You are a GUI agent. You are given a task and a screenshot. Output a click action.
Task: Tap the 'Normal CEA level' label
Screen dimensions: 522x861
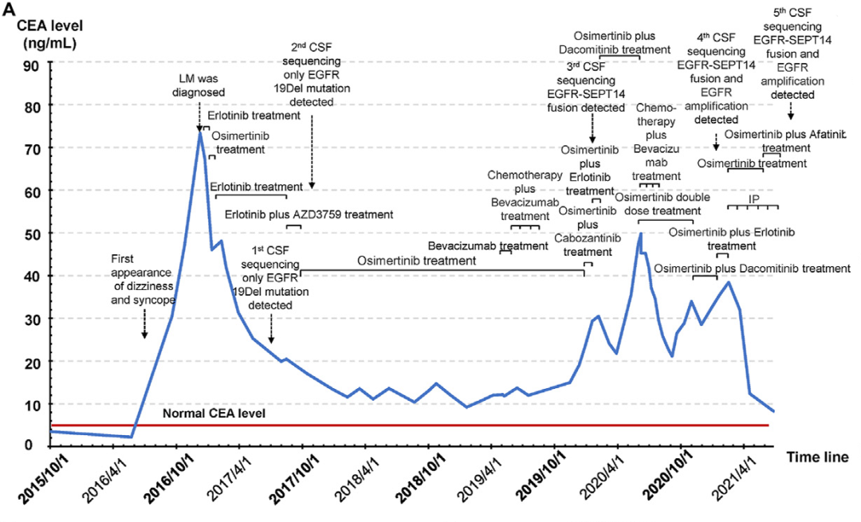(x=213, y=414)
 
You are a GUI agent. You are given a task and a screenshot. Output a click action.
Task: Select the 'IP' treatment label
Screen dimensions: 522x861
(x=753, y=198)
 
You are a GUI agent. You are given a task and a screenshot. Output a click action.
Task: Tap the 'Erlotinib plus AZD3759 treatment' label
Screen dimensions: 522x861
(x=309, y=214)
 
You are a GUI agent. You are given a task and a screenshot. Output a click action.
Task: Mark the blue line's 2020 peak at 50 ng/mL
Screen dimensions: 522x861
(x=639, y=234)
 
